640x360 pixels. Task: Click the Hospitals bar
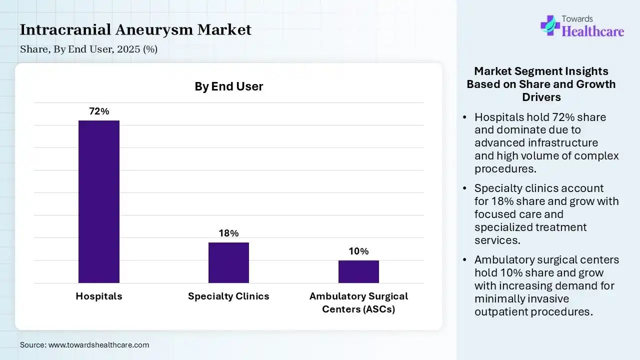coord(99,201)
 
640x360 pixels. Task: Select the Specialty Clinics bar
coord(228,262)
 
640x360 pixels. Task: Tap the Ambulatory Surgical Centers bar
coord(358,271)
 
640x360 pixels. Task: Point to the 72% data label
coord(99,111)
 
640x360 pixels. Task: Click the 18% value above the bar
coord(228,233)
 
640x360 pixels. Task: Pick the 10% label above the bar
coord(358,251)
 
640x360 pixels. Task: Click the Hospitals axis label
coord(99,296)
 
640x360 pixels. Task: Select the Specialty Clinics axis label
coord(228,296)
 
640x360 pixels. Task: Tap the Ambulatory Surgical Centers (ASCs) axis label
coord(358,302)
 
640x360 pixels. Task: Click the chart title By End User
coord(228,86)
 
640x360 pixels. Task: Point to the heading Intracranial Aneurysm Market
coord(135,30)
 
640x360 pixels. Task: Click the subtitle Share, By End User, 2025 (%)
coord(88,49)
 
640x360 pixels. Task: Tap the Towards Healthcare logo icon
coord(550,25)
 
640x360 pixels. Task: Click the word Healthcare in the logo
coord(593,31)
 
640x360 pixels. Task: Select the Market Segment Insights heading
coord(541,84)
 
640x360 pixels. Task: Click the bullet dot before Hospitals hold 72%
coord(465,117)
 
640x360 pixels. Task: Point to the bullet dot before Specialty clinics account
coord(465,188)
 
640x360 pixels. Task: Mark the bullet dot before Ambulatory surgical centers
coord(465,260)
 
